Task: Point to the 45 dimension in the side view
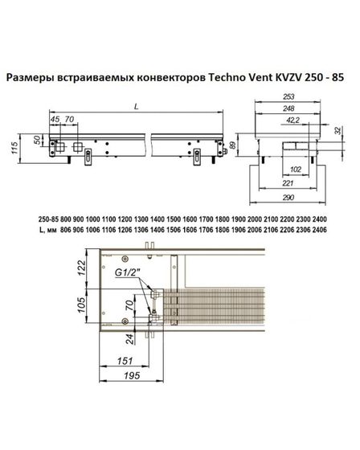(x=54, y=120)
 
